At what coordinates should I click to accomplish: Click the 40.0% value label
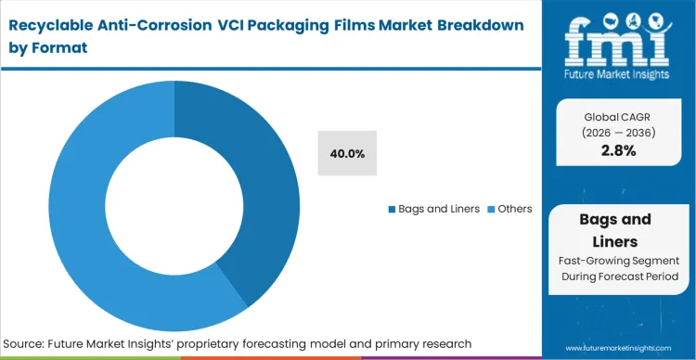click(x=346, y=152)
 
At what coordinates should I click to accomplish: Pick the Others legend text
click(x=515, y=209)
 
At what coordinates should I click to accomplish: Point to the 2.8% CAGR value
click(x=618, y=150)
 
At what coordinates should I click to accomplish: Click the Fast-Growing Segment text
click(x=618, y=261)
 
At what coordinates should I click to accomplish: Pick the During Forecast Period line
click(x=618, y=276)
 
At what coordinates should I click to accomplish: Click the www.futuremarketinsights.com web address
click(x=624, y=348)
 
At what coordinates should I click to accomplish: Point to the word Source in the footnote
click(x=30, y=343)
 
